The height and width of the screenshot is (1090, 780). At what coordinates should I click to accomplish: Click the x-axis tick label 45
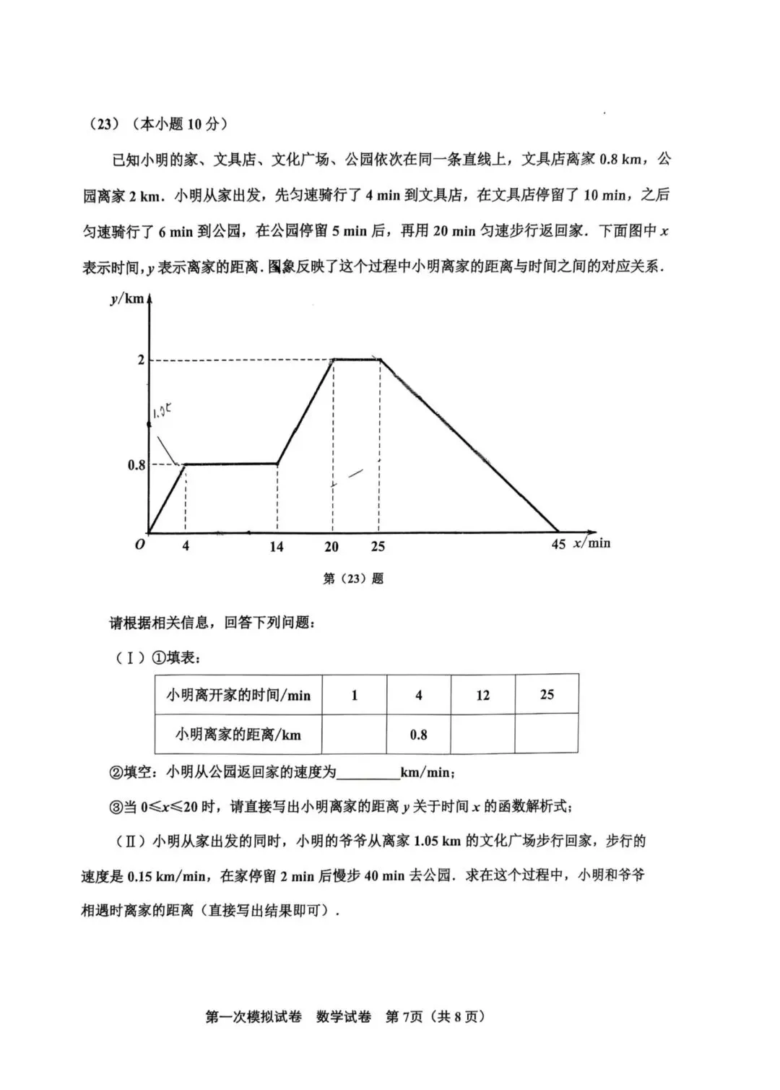[x=558, y=545]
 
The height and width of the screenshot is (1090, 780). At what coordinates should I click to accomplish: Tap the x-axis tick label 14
[x=277, y=547]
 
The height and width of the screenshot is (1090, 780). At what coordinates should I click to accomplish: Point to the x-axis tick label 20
[x=331, y=547]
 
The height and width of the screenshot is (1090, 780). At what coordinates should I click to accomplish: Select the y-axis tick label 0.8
[x=136, y=465]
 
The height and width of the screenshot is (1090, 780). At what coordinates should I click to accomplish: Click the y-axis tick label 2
[x=141, y=360]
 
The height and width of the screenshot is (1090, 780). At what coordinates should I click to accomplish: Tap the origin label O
[x=139, y=545]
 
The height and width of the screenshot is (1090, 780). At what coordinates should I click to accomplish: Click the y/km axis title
[x=127, y=298]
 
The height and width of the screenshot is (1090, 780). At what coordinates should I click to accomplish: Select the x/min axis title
[x=591, y=543]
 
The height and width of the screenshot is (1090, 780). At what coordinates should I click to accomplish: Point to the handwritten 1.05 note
[x=161, y=412]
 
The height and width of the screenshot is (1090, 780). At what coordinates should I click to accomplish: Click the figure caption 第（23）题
[x=353, y=579]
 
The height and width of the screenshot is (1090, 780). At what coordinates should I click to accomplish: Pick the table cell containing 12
[x=482, y=695]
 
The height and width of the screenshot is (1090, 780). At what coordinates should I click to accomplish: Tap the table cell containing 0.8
[x=418, y=735]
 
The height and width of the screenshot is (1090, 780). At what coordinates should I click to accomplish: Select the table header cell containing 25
[x=547, y=694]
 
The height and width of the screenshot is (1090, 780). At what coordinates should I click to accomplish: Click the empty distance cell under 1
[x=354, y=735]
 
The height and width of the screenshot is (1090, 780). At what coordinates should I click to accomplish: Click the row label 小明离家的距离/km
[x=238, y=735]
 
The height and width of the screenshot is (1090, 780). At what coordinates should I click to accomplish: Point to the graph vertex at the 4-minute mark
[x=186, y=464]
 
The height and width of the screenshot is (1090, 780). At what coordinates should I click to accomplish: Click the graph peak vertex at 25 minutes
[x=380, y=360]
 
